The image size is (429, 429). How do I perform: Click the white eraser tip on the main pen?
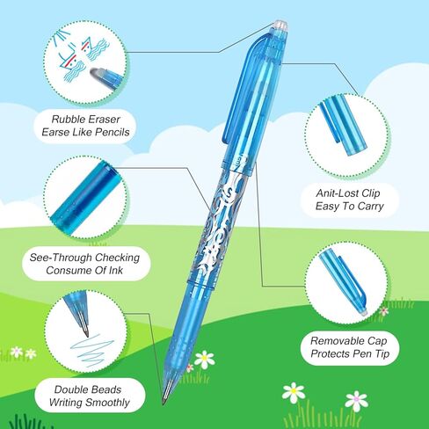280,25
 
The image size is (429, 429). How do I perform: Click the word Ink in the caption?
116,270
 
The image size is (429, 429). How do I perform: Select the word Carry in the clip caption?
370,206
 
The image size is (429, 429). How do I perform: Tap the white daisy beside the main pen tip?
204,360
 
